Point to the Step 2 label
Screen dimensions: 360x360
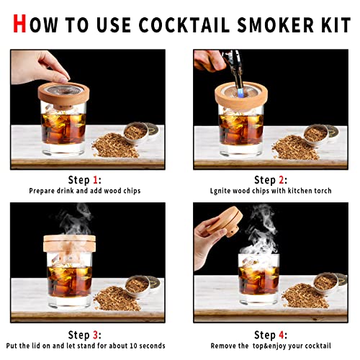click(x=271, y=180)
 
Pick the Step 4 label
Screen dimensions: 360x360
click(x=271, y=335)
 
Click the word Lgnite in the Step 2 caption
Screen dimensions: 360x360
click(x=223, y=192)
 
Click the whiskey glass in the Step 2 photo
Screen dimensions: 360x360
click(x=240, y=130)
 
